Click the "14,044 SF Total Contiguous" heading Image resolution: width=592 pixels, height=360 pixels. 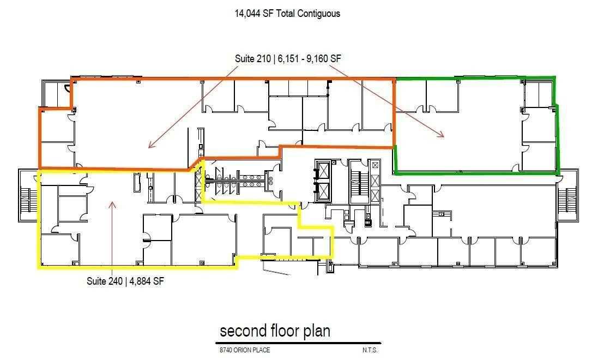[x=287, y=14]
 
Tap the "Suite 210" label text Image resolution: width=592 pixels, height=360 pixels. [x=252, y=58]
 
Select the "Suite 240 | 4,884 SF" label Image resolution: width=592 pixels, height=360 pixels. [x=125, y=281]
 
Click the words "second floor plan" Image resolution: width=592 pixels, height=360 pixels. [x=275, y=331]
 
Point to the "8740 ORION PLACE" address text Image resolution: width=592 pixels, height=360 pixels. [x=245, y=350]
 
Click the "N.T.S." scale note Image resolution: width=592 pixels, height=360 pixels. [x=370, y=350]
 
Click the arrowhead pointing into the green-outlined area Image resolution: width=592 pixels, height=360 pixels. [x=440, y=134]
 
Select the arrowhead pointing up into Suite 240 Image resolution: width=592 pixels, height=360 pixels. [x=112, y=205]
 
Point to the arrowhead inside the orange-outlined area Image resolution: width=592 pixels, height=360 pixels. [x=152, y=145]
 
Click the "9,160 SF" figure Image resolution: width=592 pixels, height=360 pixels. [x=324, y=58]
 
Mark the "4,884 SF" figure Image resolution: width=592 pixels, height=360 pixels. [x=147, y=281]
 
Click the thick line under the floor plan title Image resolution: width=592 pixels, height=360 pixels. [x=298, y=343]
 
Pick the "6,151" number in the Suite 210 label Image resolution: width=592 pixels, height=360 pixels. [x=288, y=58]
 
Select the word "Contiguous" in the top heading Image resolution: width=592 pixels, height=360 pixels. [x=319, y=14]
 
